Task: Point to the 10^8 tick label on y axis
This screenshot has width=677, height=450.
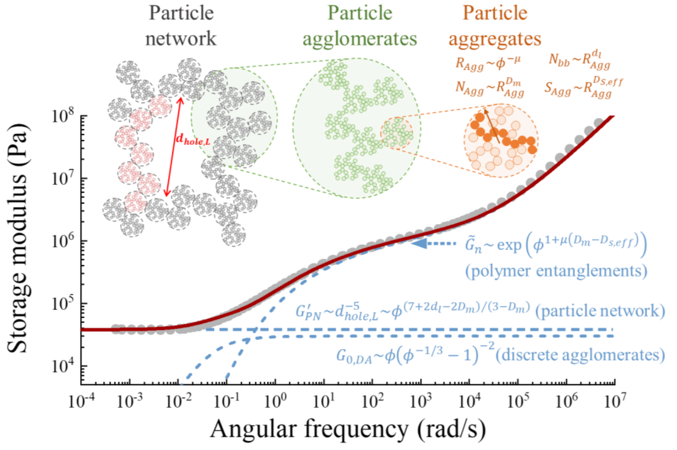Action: (63, 117)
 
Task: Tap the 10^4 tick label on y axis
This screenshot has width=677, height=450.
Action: (63, 366)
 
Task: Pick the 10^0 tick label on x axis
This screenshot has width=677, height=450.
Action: (275, 401)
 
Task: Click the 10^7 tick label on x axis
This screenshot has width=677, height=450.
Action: (614, 401)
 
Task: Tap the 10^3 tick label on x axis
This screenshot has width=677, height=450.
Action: (421, 401)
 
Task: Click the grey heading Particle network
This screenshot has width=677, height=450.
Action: (181, 26)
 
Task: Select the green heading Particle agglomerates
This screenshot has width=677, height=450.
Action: (360, 26)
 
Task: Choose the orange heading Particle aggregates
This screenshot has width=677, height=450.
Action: (495, 26)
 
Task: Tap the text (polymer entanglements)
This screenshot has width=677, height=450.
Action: (556, 271)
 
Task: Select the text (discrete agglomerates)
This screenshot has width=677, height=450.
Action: (580, 355)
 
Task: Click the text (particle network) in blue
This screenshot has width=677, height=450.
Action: (600, 311)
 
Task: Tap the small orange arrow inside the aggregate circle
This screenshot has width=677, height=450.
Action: (491, 123)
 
